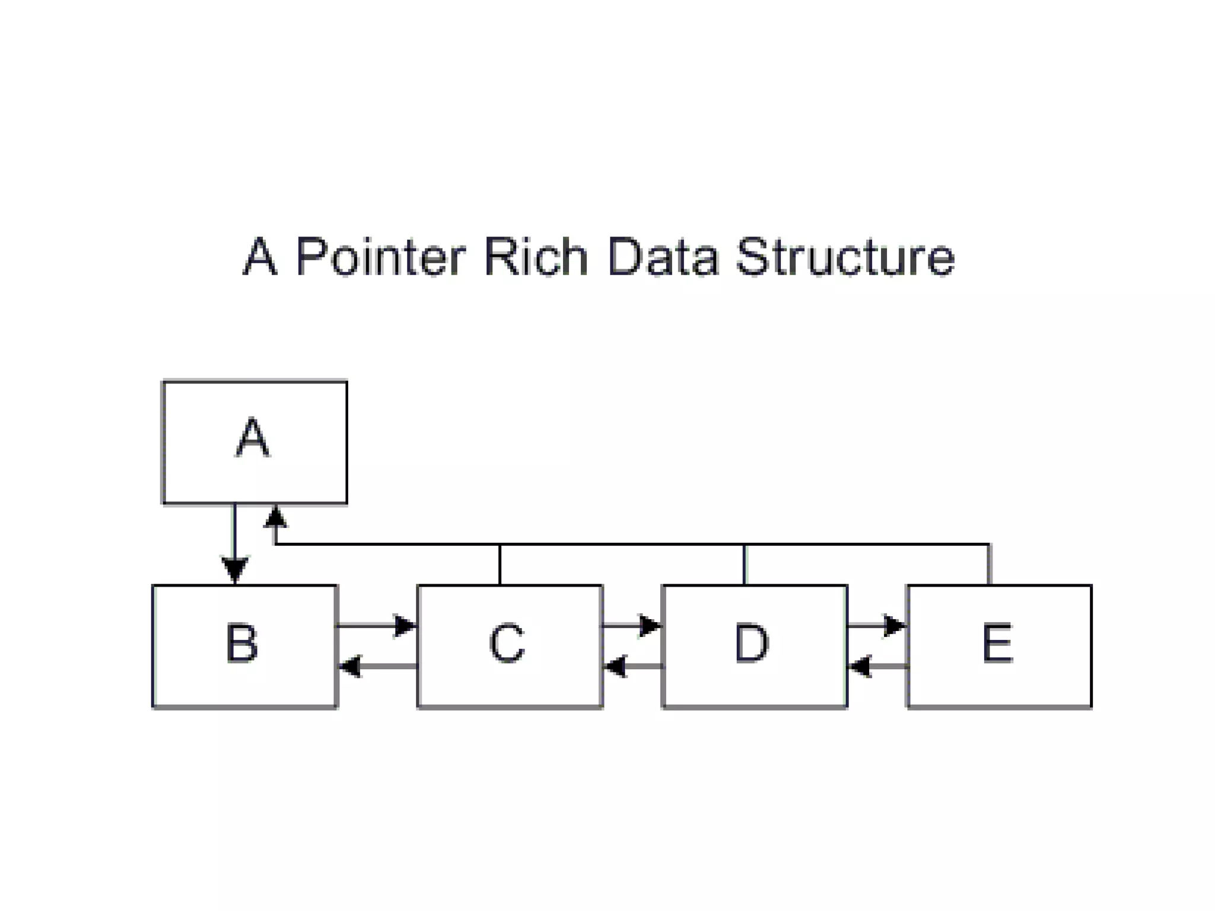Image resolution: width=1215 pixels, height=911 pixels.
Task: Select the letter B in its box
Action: point(242,643)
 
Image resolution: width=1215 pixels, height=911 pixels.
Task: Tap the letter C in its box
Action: point(507,643)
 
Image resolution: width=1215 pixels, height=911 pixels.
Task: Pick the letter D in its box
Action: point(752,643)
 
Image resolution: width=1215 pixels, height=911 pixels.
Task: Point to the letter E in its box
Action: point(998,643)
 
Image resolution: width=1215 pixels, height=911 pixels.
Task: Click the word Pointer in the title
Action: point(380,257)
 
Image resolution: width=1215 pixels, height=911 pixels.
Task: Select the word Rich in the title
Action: point(536,256)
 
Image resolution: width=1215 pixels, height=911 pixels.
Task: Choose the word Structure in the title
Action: point(845,256)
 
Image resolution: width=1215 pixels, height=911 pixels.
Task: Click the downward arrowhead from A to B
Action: point(235,569)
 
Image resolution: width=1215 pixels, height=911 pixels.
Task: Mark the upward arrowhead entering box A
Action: point(275,517)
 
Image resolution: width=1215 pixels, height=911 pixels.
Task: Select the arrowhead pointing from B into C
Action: point(406,626)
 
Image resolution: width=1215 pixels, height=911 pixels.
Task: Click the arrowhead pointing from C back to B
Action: point(350,666)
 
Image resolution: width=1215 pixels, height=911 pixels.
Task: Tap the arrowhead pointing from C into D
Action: point(650,626)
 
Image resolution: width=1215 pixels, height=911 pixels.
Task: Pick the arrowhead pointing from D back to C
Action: point(615,666)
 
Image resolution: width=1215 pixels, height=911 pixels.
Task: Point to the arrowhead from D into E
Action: point(894,626)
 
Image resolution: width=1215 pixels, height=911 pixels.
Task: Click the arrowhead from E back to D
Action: point(860,666)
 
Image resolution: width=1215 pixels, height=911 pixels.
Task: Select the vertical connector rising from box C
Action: point(500,565)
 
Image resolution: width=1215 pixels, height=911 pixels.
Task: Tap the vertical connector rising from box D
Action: point(744,565)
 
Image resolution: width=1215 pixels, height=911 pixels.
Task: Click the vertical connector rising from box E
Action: point(989,565)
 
